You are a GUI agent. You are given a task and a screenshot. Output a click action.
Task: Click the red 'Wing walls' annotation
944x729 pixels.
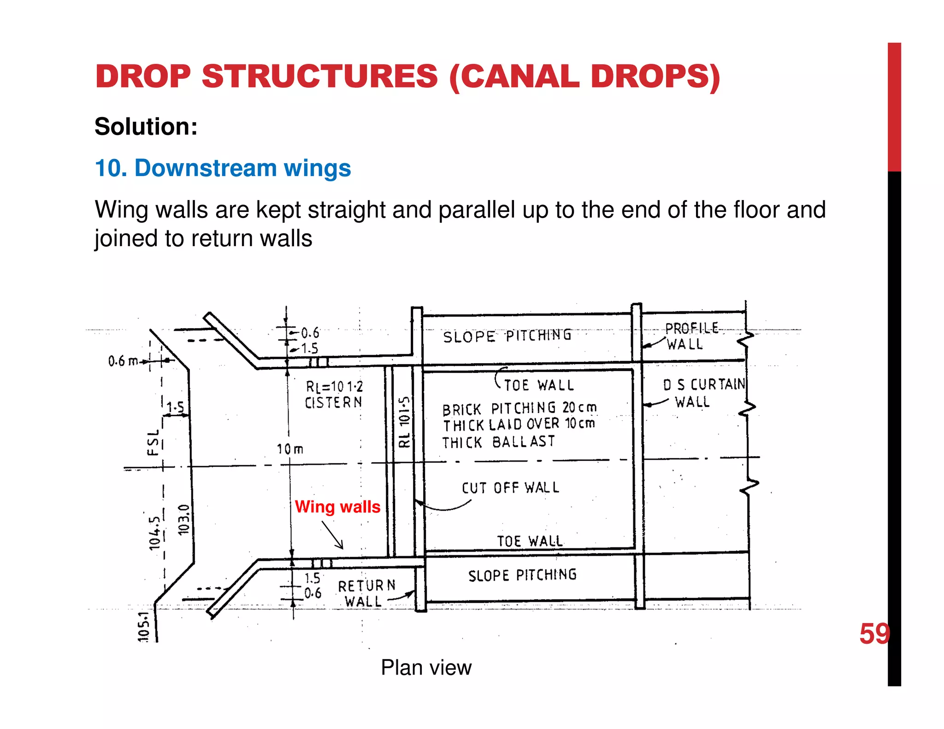[x=337, y=506]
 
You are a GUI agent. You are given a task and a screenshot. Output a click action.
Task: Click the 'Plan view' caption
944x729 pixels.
[x=426, y=667]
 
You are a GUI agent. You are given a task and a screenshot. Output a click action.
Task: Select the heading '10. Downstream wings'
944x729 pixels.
[x=223, y=168]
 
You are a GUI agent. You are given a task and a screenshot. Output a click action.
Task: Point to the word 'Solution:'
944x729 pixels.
[x=146, y=126]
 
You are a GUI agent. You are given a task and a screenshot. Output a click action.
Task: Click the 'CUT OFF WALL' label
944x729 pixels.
[x=510, y=488]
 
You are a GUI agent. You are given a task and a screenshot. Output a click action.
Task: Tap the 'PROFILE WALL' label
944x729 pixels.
[x=690, y=336]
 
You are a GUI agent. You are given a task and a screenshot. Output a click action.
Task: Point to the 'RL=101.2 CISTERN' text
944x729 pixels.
[x=334, y=394]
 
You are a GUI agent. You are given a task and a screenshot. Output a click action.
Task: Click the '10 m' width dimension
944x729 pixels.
[x=290, y=449]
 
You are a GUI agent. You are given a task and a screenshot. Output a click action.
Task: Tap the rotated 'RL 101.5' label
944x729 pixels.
[x=404, y=422]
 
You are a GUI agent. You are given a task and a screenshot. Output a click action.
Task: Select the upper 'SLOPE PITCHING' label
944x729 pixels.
[x=507, y=335]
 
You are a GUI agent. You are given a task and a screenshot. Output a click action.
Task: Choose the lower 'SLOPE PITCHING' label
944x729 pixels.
[x=522, y=575]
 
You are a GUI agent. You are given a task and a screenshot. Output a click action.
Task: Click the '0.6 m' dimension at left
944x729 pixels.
[x=123, y=361]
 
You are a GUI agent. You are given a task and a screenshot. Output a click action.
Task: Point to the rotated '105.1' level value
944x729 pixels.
[x=144, y=627]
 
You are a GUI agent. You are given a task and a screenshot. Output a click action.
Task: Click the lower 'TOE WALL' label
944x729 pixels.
[x=530, y=541]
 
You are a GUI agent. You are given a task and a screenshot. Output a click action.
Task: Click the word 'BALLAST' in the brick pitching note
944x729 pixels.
[x=524, y=441]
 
